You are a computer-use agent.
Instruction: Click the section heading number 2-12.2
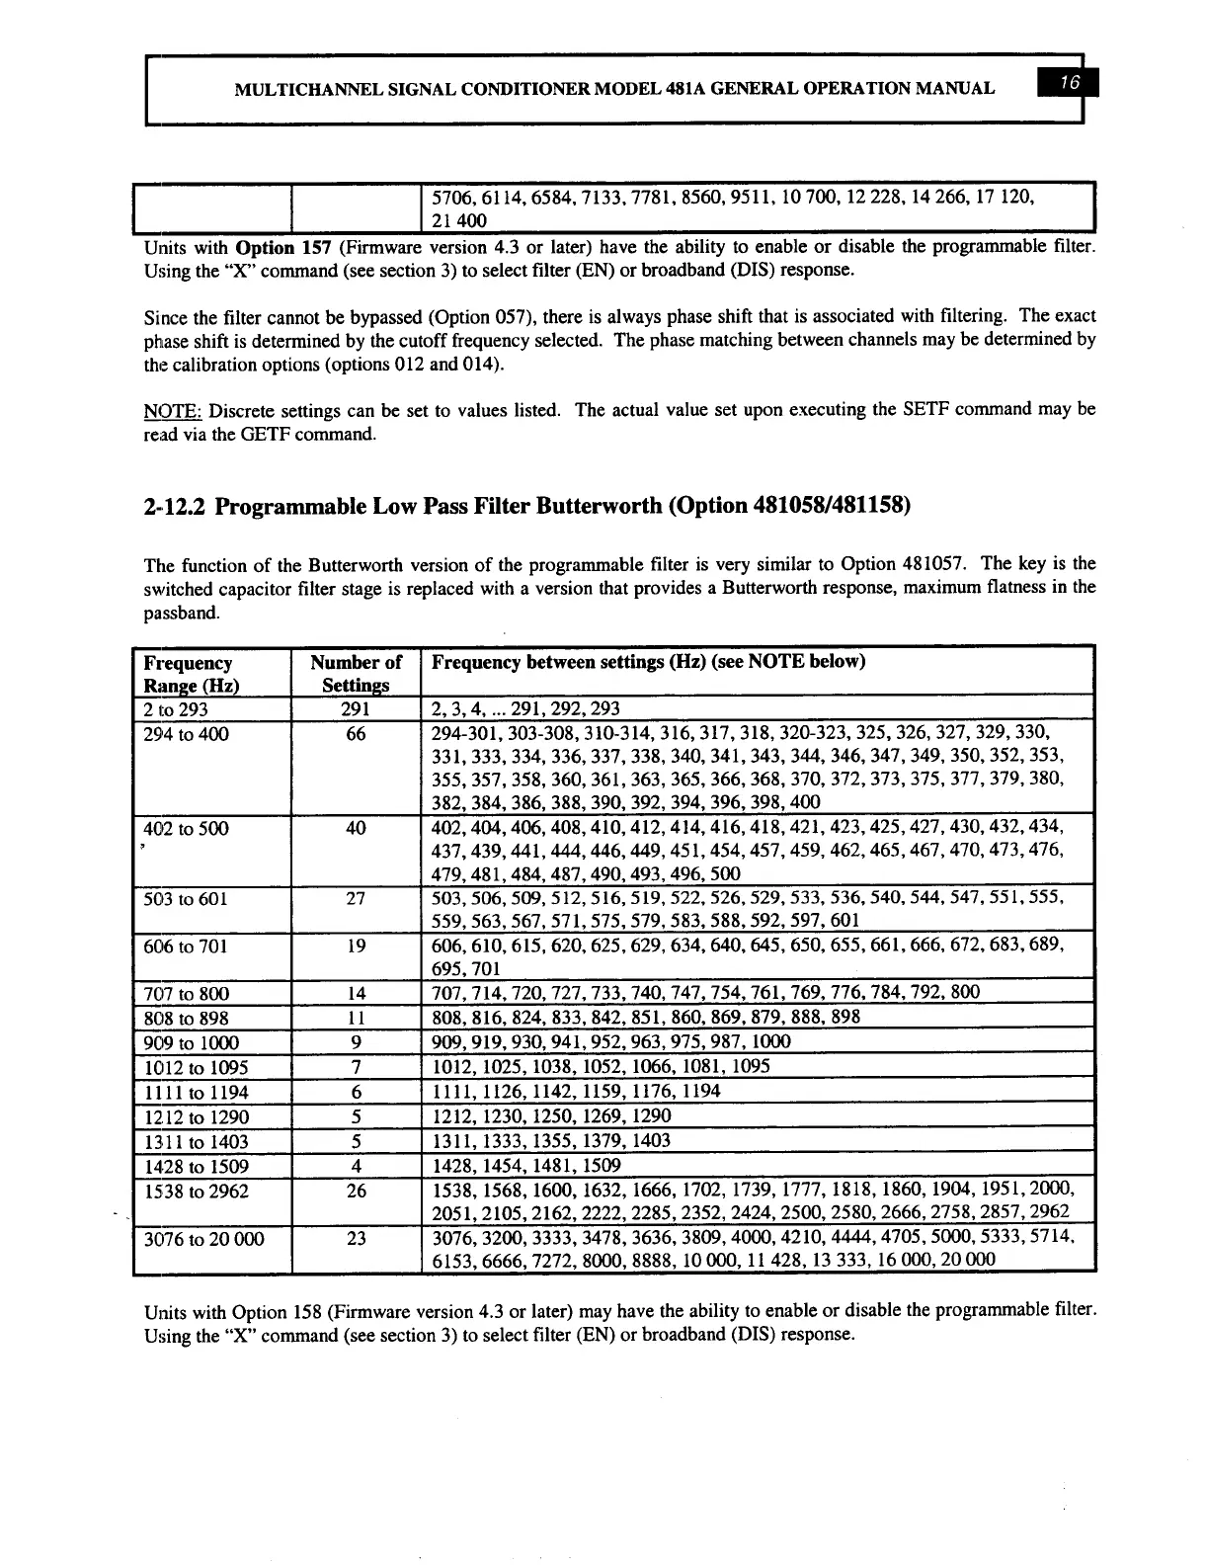[x=175, y=507]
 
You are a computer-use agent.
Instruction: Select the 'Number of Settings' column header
[x=356, y=674]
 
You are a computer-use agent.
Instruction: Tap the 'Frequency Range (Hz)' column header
[x=190, y=674]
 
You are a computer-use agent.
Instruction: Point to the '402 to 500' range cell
[x=186, y=828]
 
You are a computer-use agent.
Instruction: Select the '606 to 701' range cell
[x=186, y=946]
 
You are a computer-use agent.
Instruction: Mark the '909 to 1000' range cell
[x=191, y=1042]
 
